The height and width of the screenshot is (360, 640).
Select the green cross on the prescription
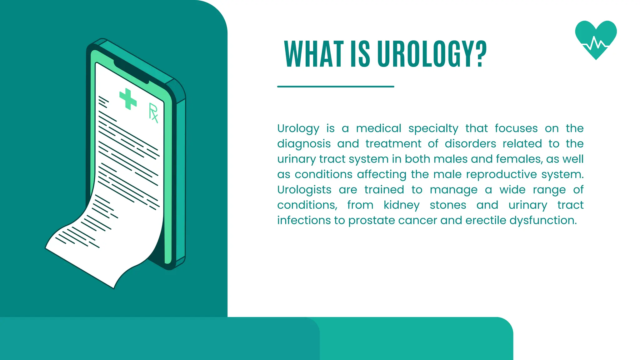(x=128, y=99)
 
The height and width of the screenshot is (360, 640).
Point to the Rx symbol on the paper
(x=153, y=113)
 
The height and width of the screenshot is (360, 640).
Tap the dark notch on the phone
(x=131, y=72)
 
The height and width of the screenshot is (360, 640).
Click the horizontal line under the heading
(x=335, y=87)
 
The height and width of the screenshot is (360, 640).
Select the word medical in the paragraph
(x=378, y=128)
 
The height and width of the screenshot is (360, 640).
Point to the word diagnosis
(x=304, y=144)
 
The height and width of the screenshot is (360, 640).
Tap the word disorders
(x=470, y=144)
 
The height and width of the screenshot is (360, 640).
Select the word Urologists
(x=304, y=190)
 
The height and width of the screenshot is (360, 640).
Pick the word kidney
(x=401, y=205)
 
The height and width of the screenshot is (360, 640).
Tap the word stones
(x=448, y=205)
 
